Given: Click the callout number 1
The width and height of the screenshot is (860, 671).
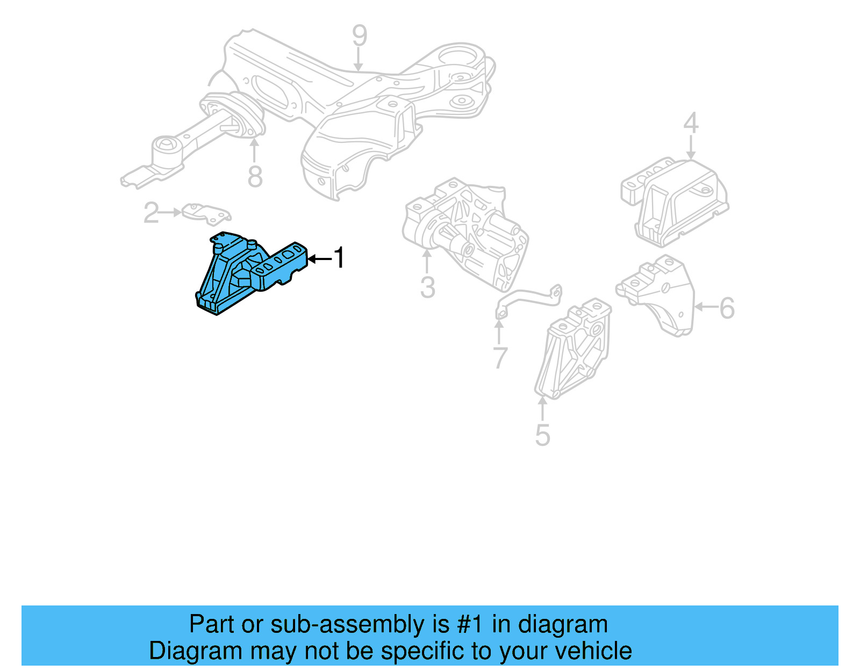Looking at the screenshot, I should (x=339, y=258).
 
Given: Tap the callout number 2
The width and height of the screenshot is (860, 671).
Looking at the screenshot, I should (x=151, y=213).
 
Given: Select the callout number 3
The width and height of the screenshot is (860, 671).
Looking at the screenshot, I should (x=427, y=287).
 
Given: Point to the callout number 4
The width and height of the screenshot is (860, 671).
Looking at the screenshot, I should (x=691, y=123).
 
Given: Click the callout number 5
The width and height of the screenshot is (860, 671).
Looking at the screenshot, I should (x=542, y=435).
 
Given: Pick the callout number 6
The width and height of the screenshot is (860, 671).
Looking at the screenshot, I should (x=727, y=308).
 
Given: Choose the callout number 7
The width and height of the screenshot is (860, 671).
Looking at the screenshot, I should (x=500, y=357).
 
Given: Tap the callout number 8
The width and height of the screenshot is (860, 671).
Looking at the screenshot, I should (x=255, y=176).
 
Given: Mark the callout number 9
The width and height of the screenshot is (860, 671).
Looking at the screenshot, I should (x=359, y=35).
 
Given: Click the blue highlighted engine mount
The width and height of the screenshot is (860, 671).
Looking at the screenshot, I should (x=242, y=274).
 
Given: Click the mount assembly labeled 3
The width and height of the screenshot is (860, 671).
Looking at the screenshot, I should (x=465, y=231).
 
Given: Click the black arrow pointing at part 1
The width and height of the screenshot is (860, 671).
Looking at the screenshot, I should (x=319, y=259).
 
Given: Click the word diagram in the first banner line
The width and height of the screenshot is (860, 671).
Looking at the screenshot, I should (x=563, y=624).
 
